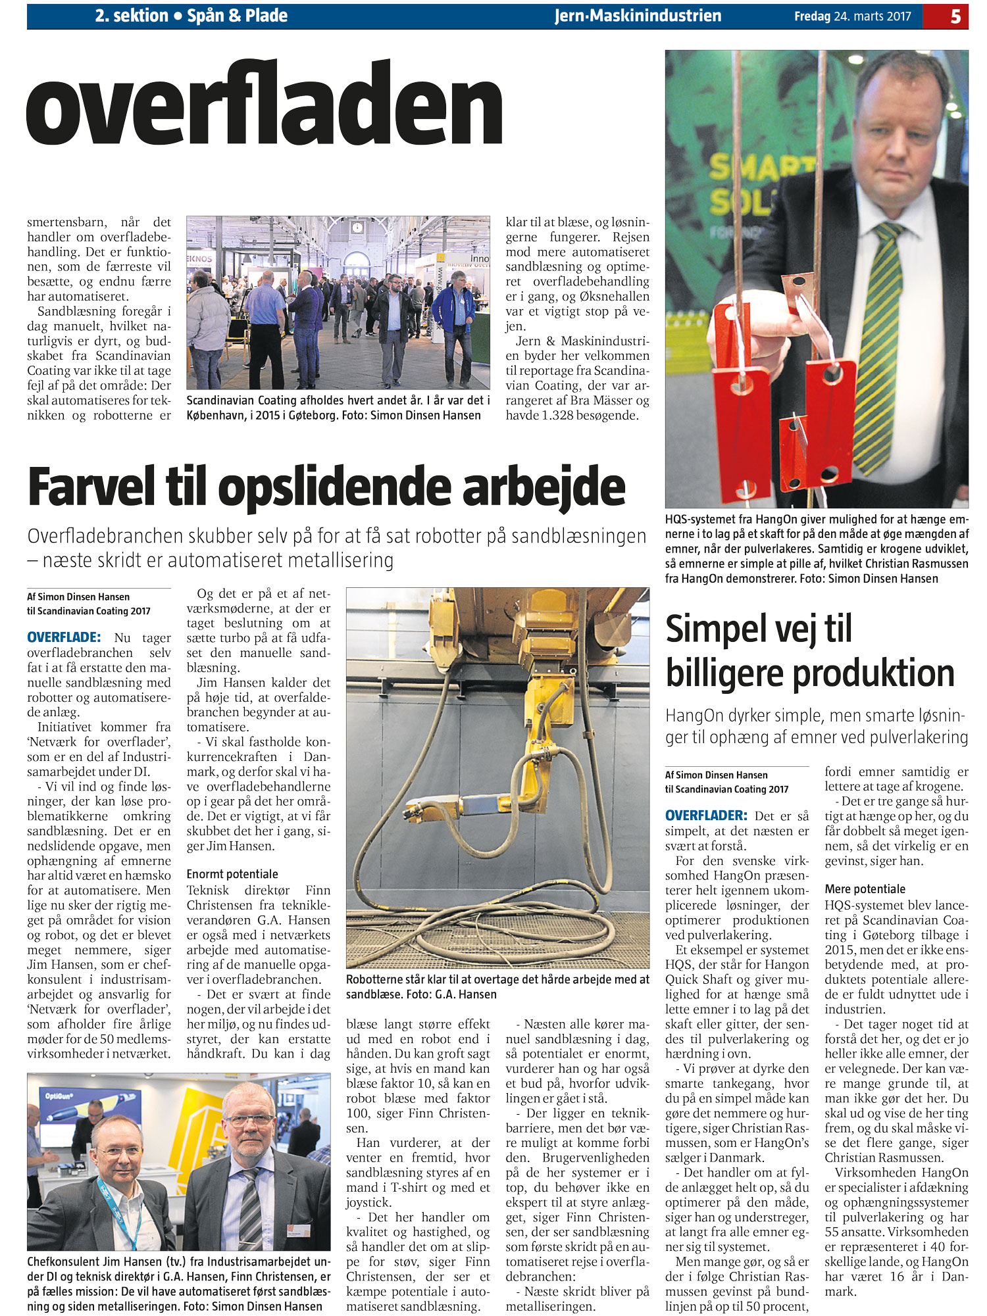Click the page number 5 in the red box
point(955,16)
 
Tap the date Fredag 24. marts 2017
point(852,16)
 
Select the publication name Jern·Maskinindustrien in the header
point(638,16)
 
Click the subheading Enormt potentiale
point(232,874)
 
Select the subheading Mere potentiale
point(865,889)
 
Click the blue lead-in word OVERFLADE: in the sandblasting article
point(64,637)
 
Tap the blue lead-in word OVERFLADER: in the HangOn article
point(706,816)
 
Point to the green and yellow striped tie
point(879,342)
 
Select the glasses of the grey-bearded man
point(249,1121)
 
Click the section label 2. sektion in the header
point(132,16)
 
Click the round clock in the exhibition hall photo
point(357,228)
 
